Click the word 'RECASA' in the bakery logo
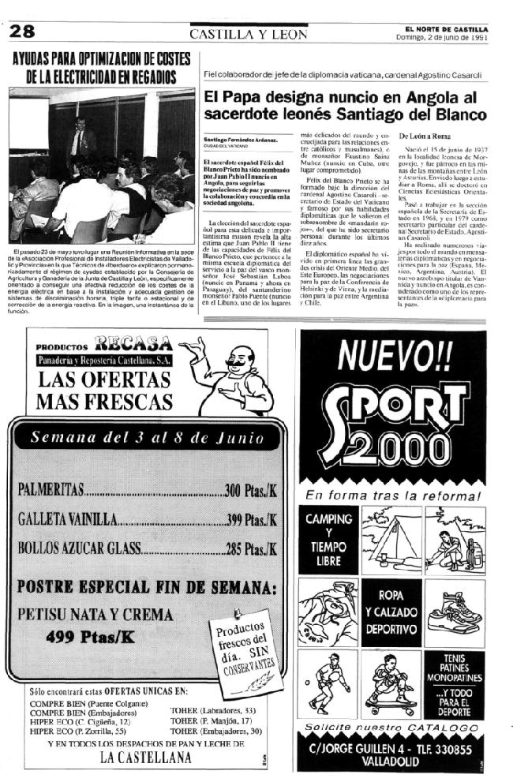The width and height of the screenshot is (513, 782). (x=132, y=343)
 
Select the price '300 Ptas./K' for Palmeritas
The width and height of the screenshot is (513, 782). (x=250, y=491)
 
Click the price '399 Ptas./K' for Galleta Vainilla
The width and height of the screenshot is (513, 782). (x=252, y=519)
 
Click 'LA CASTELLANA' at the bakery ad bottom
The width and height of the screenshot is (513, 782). (x=146, y=757)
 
